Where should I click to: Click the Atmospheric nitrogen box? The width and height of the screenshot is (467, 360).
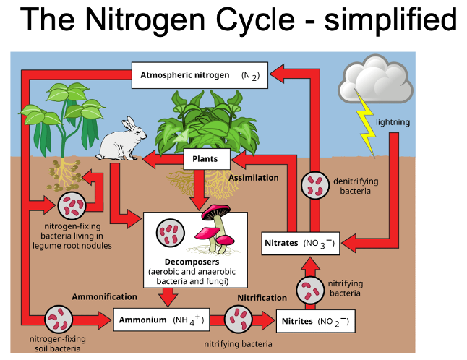coord(200,75)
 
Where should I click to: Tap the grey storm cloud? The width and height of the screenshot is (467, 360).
coord(376,82)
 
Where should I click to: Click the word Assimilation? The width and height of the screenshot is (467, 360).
coord(253,178)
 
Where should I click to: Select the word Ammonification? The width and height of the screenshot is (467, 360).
coord(104,296)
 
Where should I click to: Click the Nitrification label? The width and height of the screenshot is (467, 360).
coord(262,297)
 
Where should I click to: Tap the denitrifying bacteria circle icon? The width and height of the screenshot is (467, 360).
coord(315,185)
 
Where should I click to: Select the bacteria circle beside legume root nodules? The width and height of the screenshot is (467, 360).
coord(71,206)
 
